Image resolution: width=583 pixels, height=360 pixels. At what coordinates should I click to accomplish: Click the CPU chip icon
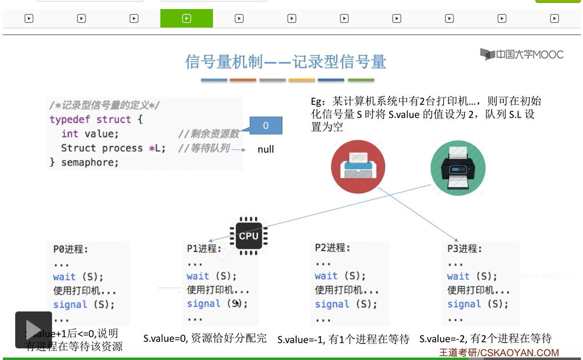248,236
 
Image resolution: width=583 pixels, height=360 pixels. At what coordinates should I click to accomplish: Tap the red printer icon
358,167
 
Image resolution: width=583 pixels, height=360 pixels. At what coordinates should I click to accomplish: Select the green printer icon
458,168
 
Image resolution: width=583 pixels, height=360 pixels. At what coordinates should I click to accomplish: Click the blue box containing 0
266,125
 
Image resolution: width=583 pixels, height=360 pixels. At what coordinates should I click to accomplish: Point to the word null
266,149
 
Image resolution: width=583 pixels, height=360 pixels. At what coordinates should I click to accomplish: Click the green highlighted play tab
187,19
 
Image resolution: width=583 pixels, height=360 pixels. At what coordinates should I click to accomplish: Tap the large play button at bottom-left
33,330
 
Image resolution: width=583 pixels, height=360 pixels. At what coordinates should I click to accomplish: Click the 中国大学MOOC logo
522,54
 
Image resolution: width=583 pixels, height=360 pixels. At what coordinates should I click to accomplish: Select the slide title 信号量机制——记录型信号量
285,62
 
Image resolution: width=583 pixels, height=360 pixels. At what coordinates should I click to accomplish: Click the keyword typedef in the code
69,119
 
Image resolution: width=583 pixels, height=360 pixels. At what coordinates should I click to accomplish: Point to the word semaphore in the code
90,163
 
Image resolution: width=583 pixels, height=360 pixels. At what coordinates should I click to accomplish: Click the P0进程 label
70,249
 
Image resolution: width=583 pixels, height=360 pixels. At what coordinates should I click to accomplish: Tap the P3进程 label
464,249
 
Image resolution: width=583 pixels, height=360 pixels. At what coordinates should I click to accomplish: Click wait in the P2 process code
326,276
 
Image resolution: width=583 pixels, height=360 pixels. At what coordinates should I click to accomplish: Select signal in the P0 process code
70,304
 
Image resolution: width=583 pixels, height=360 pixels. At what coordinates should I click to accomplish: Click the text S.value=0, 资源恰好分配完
205,338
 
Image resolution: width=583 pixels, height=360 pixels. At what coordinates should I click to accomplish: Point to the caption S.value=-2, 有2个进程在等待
485,339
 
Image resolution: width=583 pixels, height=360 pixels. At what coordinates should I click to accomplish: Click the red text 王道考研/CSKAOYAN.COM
499,353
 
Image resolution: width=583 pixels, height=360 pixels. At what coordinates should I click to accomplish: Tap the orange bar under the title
243,80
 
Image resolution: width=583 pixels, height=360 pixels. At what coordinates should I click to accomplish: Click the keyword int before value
69,134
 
